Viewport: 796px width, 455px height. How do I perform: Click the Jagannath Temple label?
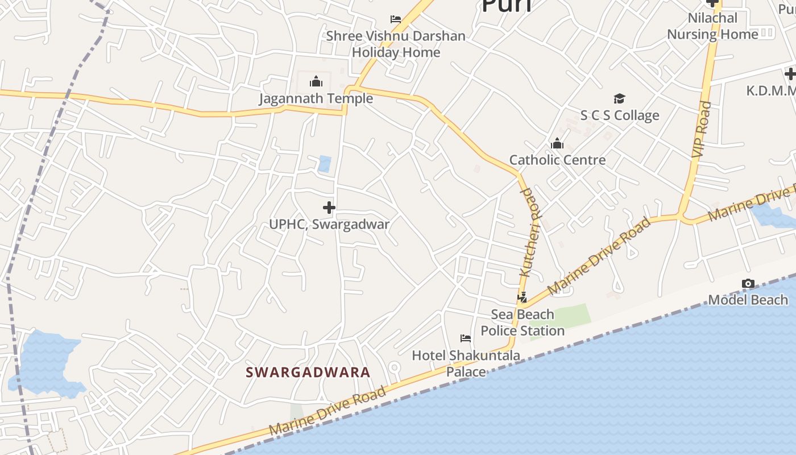[x=316, y=98]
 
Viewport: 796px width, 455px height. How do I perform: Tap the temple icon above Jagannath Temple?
[x=316, y=82]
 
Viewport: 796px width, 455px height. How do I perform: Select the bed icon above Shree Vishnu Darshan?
[x=396, y=19]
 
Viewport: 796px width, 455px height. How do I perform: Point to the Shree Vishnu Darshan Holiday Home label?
[x=396, y=44]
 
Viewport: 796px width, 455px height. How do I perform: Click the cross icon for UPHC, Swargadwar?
[x=329, y=208]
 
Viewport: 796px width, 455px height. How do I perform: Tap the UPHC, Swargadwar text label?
[x=329, y=224]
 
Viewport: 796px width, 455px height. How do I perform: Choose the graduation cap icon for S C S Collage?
[x=619, y=99]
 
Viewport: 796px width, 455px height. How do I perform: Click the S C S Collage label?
[x=619, y=115]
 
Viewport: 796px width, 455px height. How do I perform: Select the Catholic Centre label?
[x=557, y=160]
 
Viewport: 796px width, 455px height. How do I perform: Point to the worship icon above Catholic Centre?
[x=557, y=143]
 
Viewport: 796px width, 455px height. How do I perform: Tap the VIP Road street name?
[x=702, y=130]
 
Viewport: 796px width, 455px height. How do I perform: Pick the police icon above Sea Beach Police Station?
[x=522, y=297]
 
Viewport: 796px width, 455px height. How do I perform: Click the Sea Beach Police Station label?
[x=523, y=322]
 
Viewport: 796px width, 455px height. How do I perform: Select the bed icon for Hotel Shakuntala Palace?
[x=466, y=338]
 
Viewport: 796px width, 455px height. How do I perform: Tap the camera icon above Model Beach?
[x=748, y=283]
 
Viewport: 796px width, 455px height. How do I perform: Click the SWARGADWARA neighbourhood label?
[x=308, y=373]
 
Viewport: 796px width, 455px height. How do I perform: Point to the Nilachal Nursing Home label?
[x=712, y=26]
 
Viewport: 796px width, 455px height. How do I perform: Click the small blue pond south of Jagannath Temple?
[x=325, y=164]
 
